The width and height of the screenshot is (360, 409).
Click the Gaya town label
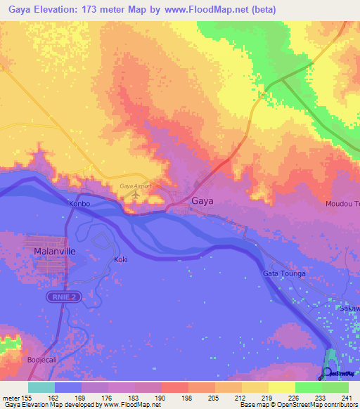(x=202, y=200)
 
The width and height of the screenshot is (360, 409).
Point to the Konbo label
(x=79, y=204)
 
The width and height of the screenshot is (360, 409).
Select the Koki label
(x=121, y=259)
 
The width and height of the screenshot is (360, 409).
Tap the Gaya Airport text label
(x=136, y=186)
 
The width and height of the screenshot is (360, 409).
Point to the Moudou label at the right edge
(x=342, y=204)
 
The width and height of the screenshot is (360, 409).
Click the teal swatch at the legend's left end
(x=41, y=387)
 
